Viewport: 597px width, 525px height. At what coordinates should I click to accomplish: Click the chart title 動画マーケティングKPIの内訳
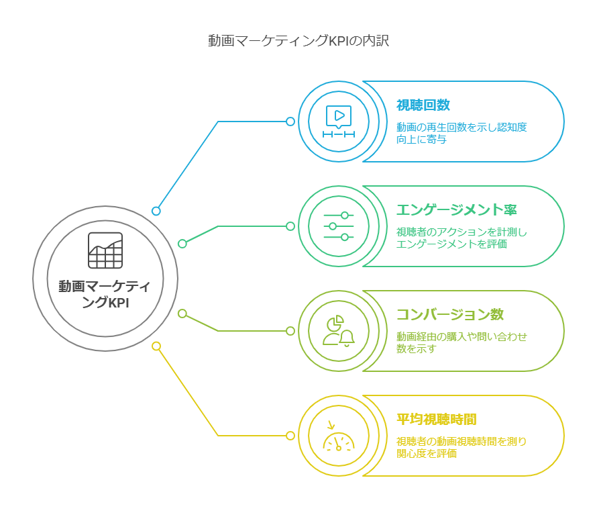[x=298, y=41]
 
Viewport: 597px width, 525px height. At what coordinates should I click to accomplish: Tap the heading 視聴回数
[x=423, y=105]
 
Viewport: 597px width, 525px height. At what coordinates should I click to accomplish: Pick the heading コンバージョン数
[x=450, y=314]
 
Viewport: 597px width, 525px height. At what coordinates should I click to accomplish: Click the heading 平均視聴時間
[x=436, y=420]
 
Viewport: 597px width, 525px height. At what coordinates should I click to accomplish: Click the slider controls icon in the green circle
[x=339, y=226]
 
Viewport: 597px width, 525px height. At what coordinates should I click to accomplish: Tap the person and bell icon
[x=339, y=331]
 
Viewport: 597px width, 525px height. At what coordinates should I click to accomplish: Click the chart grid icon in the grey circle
[x=105, y=250]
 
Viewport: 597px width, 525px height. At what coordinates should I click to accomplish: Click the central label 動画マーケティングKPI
[x=105, y=294]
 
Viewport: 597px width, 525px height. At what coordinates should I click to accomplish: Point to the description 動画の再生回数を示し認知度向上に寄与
[x=462, y=133]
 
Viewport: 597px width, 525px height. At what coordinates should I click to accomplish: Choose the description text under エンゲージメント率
[x=462, y=238]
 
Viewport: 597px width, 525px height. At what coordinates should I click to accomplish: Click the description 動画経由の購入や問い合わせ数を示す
[x=462, y=342]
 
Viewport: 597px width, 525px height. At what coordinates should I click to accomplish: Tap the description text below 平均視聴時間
[x=462, y=447]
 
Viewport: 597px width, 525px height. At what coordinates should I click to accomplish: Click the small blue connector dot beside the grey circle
[x=156, y=211]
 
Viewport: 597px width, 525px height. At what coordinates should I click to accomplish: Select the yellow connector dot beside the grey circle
[x=156, y=346]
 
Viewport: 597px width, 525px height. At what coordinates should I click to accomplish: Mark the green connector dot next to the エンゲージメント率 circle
[x=290, y=226]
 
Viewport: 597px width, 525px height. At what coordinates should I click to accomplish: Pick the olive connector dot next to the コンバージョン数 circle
[x=290, y=331]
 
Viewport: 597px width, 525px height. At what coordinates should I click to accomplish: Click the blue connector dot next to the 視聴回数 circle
[x=290, y=122]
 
